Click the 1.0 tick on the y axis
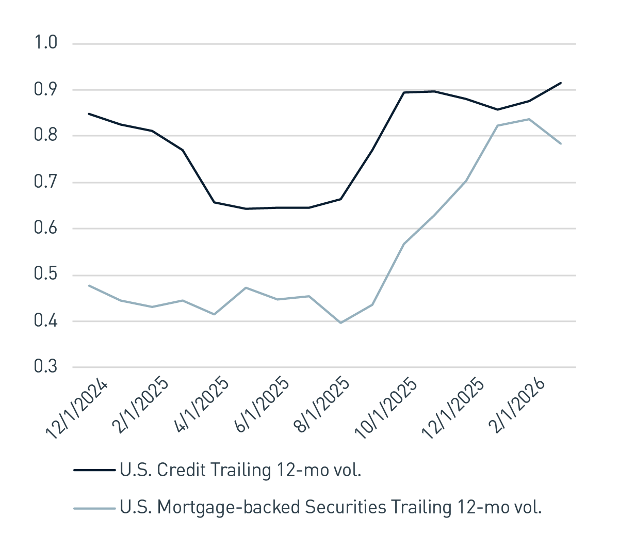[45, 43]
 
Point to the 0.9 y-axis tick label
[45, 89]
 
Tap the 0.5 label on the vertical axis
[45, 274]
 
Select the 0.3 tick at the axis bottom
[45, 367]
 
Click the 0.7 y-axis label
[45, 182]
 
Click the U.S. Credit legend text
[240, 470]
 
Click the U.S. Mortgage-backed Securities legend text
[330, 507]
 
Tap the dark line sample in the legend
[94, 470]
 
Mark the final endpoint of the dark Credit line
[561, 83]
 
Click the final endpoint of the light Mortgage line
[561, 143]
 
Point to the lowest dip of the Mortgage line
[340, 323]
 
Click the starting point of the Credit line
[89, 114]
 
